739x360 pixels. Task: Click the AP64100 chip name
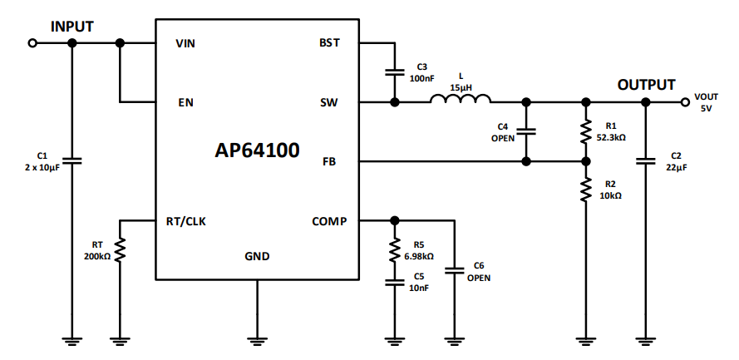pos(258,150)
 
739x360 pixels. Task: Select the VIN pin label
pos(187,43)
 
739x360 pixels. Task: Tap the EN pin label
pos(185,103)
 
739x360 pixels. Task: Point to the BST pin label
pos(329,43)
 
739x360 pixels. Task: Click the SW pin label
pos(329,103)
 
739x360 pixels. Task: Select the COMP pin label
pos(329,221)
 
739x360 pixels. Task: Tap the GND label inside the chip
pos(257,256)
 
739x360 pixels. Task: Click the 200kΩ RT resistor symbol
pos(121,249)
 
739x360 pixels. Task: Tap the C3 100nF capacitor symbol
pos(394,73)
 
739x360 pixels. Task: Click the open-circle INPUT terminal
pos(32,43)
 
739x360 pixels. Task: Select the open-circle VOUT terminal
pos(686,102)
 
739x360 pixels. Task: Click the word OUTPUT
pos(646,85)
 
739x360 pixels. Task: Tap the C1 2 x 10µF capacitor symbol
pos(71,160)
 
